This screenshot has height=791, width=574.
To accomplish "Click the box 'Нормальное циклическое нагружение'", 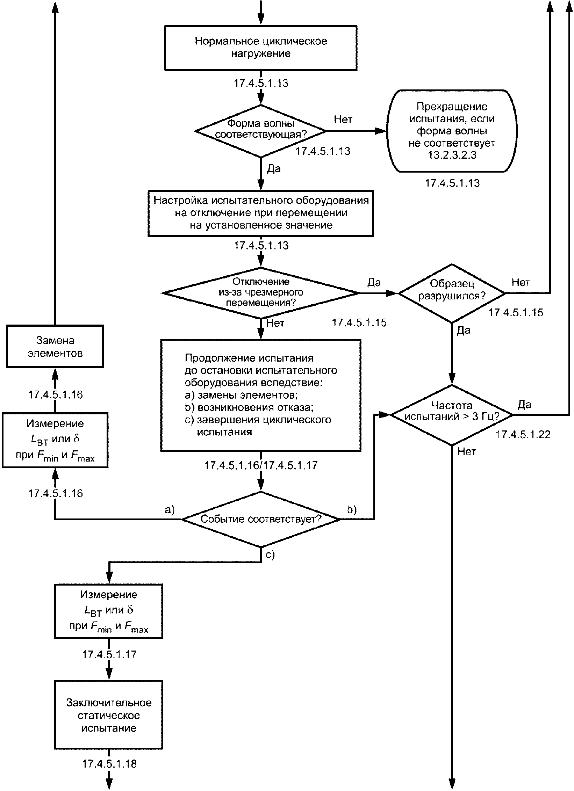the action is pos(261,48).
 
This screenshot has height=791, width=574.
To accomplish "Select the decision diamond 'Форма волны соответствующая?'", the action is pos(261,131).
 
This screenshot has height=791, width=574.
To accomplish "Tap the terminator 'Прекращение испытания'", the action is pos(452,131).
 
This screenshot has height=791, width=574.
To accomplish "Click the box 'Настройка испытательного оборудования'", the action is pos(261,213).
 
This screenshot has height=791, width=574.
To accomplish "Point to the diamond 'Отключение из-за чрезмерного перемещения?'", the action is pos(261,293).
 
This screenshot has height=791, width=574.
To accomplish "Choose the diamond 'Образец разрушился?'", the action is pos(452,293).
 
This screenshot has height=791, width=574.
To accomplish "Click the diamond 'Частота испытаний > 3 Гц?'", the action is pos(452,415).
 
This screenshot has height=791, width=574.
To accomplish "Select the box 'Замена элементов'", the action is pos(55,346).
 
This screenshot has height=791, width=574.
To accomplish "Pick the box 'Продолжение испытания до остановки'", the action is pos(261,395).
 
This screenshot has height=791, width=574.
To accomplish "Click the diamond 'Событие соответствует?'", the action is pos(261,519).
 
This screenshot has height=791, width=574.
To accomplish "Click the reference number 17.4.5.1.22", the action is pos(523,434).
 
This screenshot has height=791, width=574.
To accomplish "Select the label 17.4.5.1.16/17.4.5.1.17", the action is pos(261,465).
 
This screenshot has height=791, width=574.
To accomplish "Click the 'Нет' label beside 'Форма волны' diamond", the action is pos(343,119).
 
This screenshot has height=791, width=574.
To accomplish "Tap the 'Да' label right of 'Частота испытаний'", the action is pos(524,405).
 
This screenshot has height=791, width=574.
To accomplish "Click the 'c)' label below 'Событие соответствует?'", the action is pos(270,555).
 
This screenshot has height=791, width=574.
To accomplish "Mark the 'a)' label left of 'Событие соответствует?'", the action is pos(170,510).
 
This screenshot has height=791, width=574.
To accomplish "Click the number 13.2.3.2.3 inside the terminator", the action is pos(452,155).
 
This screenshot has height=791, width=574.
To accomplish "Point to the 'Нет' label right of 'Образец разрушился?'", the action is pos(521,282).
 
